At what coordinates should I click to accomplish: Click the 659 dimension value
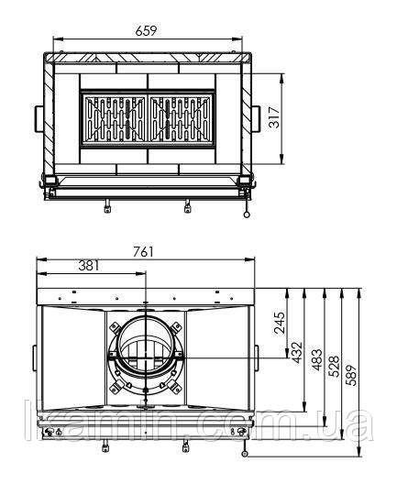pos(146,31)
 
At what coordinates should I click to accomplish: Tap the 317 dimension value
pos(274,117)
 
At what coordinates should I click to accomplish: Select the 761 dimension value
pos(143,251)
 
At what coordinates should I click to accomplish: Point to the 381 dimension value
pos(89,266)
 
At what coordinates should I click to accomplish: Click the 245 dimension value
pos(281,323)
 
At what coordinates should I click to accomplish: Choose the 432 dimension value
pos(298,353)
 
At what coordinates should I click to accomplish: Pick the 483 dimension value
pos(316,360)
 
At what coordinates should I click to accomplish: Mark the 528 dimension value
pos(334,367)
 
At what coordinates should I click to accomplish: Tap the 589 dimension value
pos(351,375)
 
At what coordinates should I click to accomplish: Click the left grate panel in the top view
pos(115,119)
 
